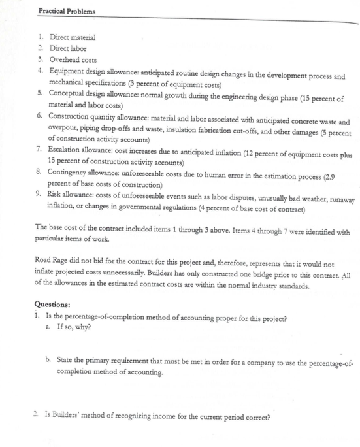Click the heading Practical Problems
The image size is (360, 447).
pos(66,12)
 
